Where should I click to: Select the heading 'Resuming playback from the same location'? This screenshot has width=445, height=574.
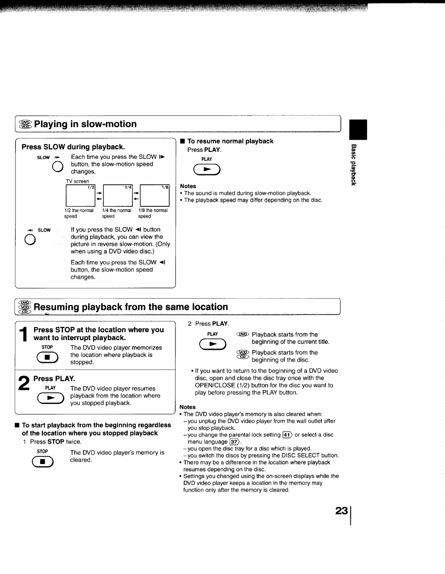pos(131,307)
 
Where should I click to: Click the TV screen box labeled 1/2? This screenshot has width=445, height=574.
pos(80,196)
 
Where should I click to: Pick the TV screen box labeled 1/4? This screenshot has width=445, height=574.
pos(118,196)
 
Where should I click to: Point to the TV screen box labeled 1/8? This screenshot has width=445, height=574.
pos(155,196)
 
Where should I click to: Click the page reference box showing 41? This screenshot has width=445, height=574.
pos(287,435)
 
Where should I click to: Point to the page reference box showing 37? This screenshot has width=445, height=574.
pos(234,442)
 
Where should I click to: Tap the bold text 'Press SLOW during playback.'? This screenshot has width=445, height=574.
pos(73,147)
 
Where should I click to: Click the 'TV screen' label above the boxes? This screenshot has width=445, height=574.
pos(77,181)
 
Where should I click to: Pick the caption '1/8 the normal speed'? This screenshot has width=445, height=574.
pos(153,213)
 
